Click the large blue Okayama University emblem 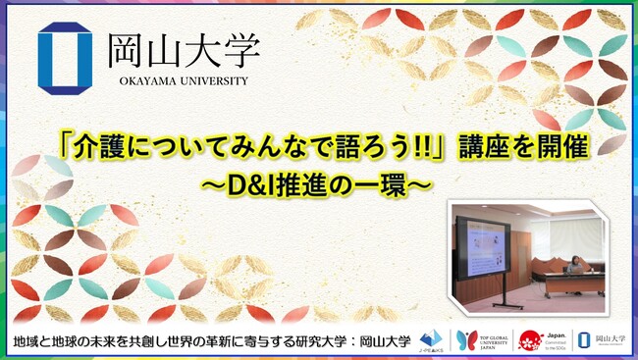click(x=65, y=58)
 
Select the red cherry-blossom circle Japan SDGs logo click(x=531, y=336)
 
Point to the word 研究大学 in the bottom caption click(x=319, y=338)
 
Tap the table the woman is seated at click(x=569, y=283)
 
